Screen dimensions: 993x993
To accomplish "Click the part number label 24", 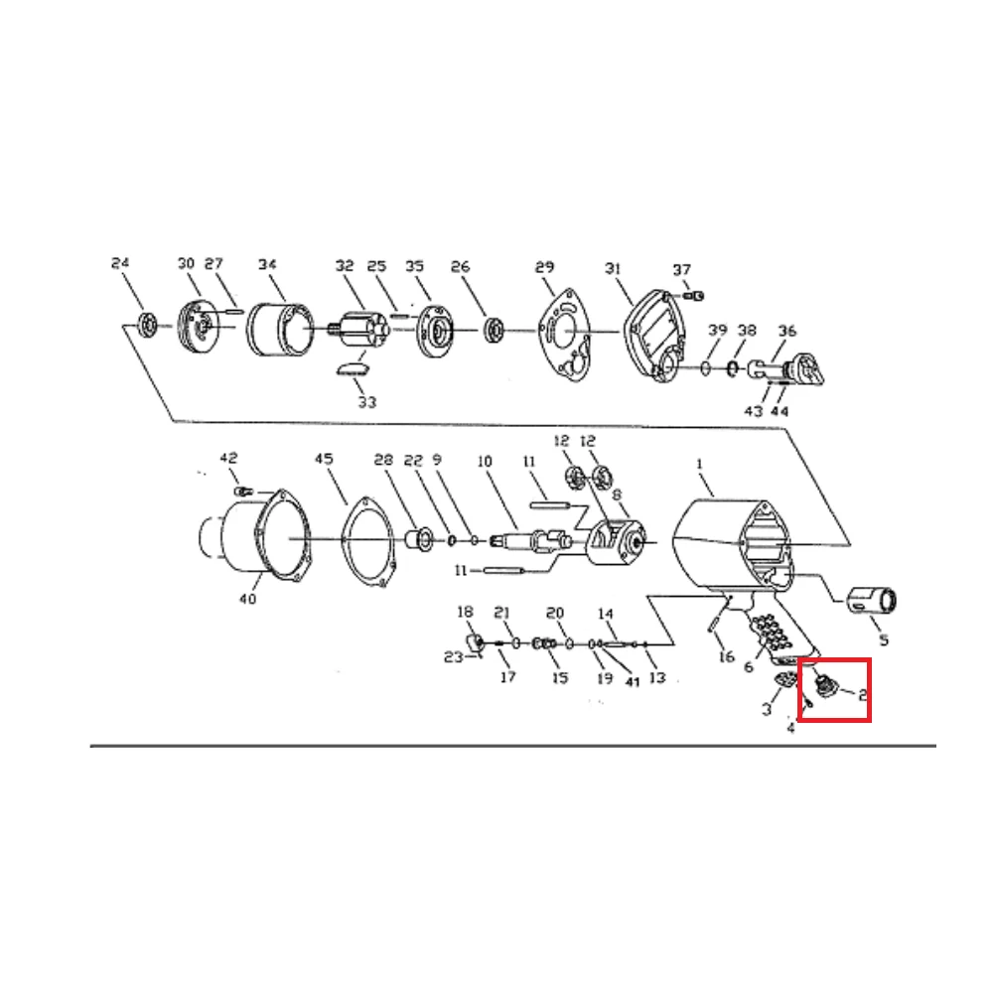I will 120,264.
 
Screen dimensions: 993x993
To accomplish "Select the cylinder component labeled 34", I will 279,331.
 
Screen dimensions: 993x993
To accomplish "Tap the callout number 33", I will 367,402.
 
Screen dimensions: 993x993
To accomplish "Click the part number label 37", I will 681,270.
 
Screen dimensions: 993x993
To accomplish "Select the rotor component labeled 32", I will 356,330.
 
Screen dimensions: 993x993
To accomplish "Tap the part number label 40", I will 247,599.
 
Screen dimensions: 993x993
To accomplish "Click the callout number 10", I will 485,462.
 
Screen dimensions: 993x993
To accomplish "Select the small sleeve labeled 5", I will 874,601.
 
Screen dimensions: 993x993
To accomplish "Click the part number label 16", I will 726,656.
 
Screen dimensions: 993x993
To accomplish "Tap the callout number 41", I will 632,681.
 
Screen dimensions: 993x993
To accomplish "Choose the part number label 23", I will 454,656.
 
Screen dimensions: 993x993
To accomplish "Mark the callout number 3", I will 767,709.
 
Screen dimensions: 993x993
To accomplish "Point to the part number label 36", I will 787,331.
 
